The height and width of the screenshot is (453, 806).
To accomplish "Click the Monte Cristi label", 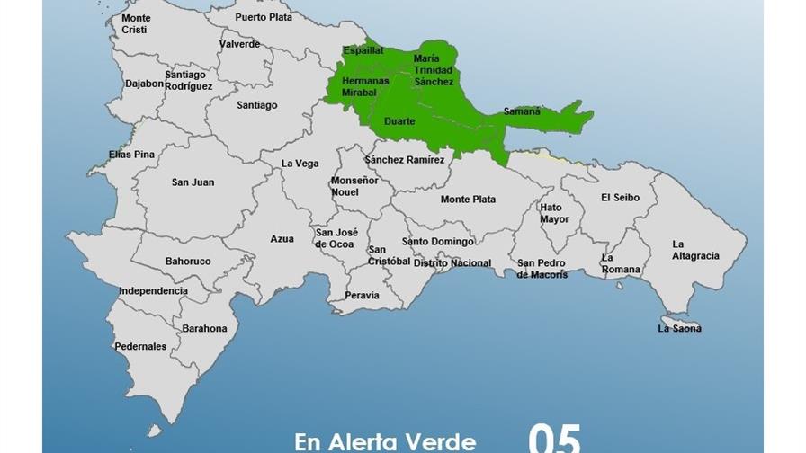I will coord(136,24).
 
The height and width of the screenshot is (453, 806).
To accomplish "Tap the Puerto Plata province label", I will coord(264,17).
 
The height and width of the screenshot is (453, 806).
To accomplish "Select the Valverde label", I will coord(239,44).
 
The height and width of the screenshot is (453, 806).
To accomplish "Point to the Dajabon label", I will coord(145,84).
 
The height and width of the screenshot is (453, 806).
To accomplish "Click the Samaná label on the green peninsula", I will coord(522,112).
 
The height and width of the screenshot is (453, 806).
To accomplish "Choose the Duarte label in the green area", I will coord(399,121).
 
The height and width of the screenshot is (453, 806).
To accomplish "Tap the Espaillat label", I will coord(363,51).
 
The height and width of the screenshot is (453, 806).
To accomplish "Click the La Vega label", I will coord(300,164).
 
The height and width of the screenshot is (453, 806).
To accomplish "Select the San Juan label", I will coord(193,182).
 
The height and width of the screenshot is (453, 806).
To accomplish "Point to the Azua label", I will coord(282,239).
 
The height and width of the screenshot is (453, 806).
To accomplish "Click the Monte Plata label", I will coord(468,200).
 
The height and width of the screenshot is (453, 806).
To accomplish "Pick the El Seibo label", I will coord(620,198).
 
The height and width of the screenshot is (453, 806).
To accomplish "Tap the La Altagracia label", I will coord(695,250).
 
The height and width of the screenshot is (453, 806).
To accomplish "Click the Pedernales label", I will coord(140,346).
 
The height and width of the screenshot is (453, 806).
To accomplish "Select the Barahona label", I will coord(204,329).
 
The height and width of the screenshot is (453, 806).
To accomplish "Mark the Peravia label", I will coord(362,296).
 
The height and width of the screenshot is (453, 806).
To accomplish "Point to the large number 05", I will coord(553,439).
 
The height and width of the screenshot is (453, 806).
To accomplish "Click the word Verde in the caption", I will coord(441,441).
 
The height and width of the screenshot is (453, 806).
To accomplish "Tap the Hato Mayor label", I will coord(554,213).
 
